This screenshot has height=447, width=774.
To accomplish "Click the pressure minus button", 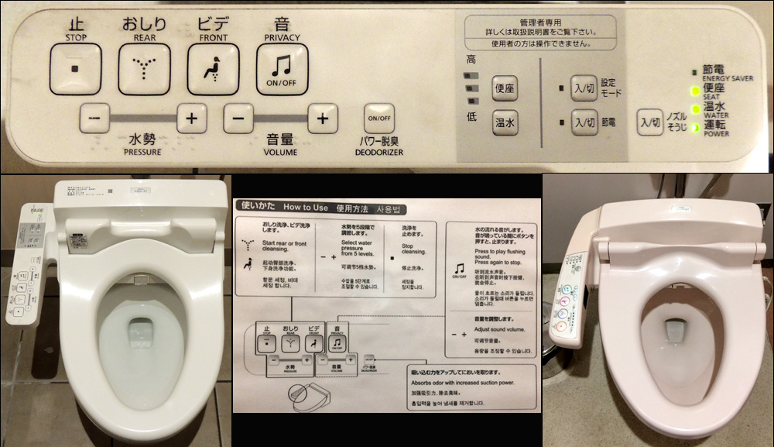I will [94, 119].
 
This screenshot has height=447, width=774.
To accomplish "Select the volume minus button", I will [238, 119].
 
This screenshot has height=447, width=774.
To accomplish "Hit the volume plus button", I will [323, 119].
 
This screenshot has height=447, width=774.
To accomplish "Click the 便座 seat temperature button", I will [505, 88].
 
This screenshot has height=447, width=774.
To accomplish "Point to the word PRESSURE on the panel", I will [142, 153].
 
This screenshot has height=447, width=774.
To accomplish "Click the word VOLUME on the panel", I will [279, 153].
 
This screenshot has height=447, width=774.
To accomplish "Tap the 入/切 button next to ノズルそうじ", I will [649, 122].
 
